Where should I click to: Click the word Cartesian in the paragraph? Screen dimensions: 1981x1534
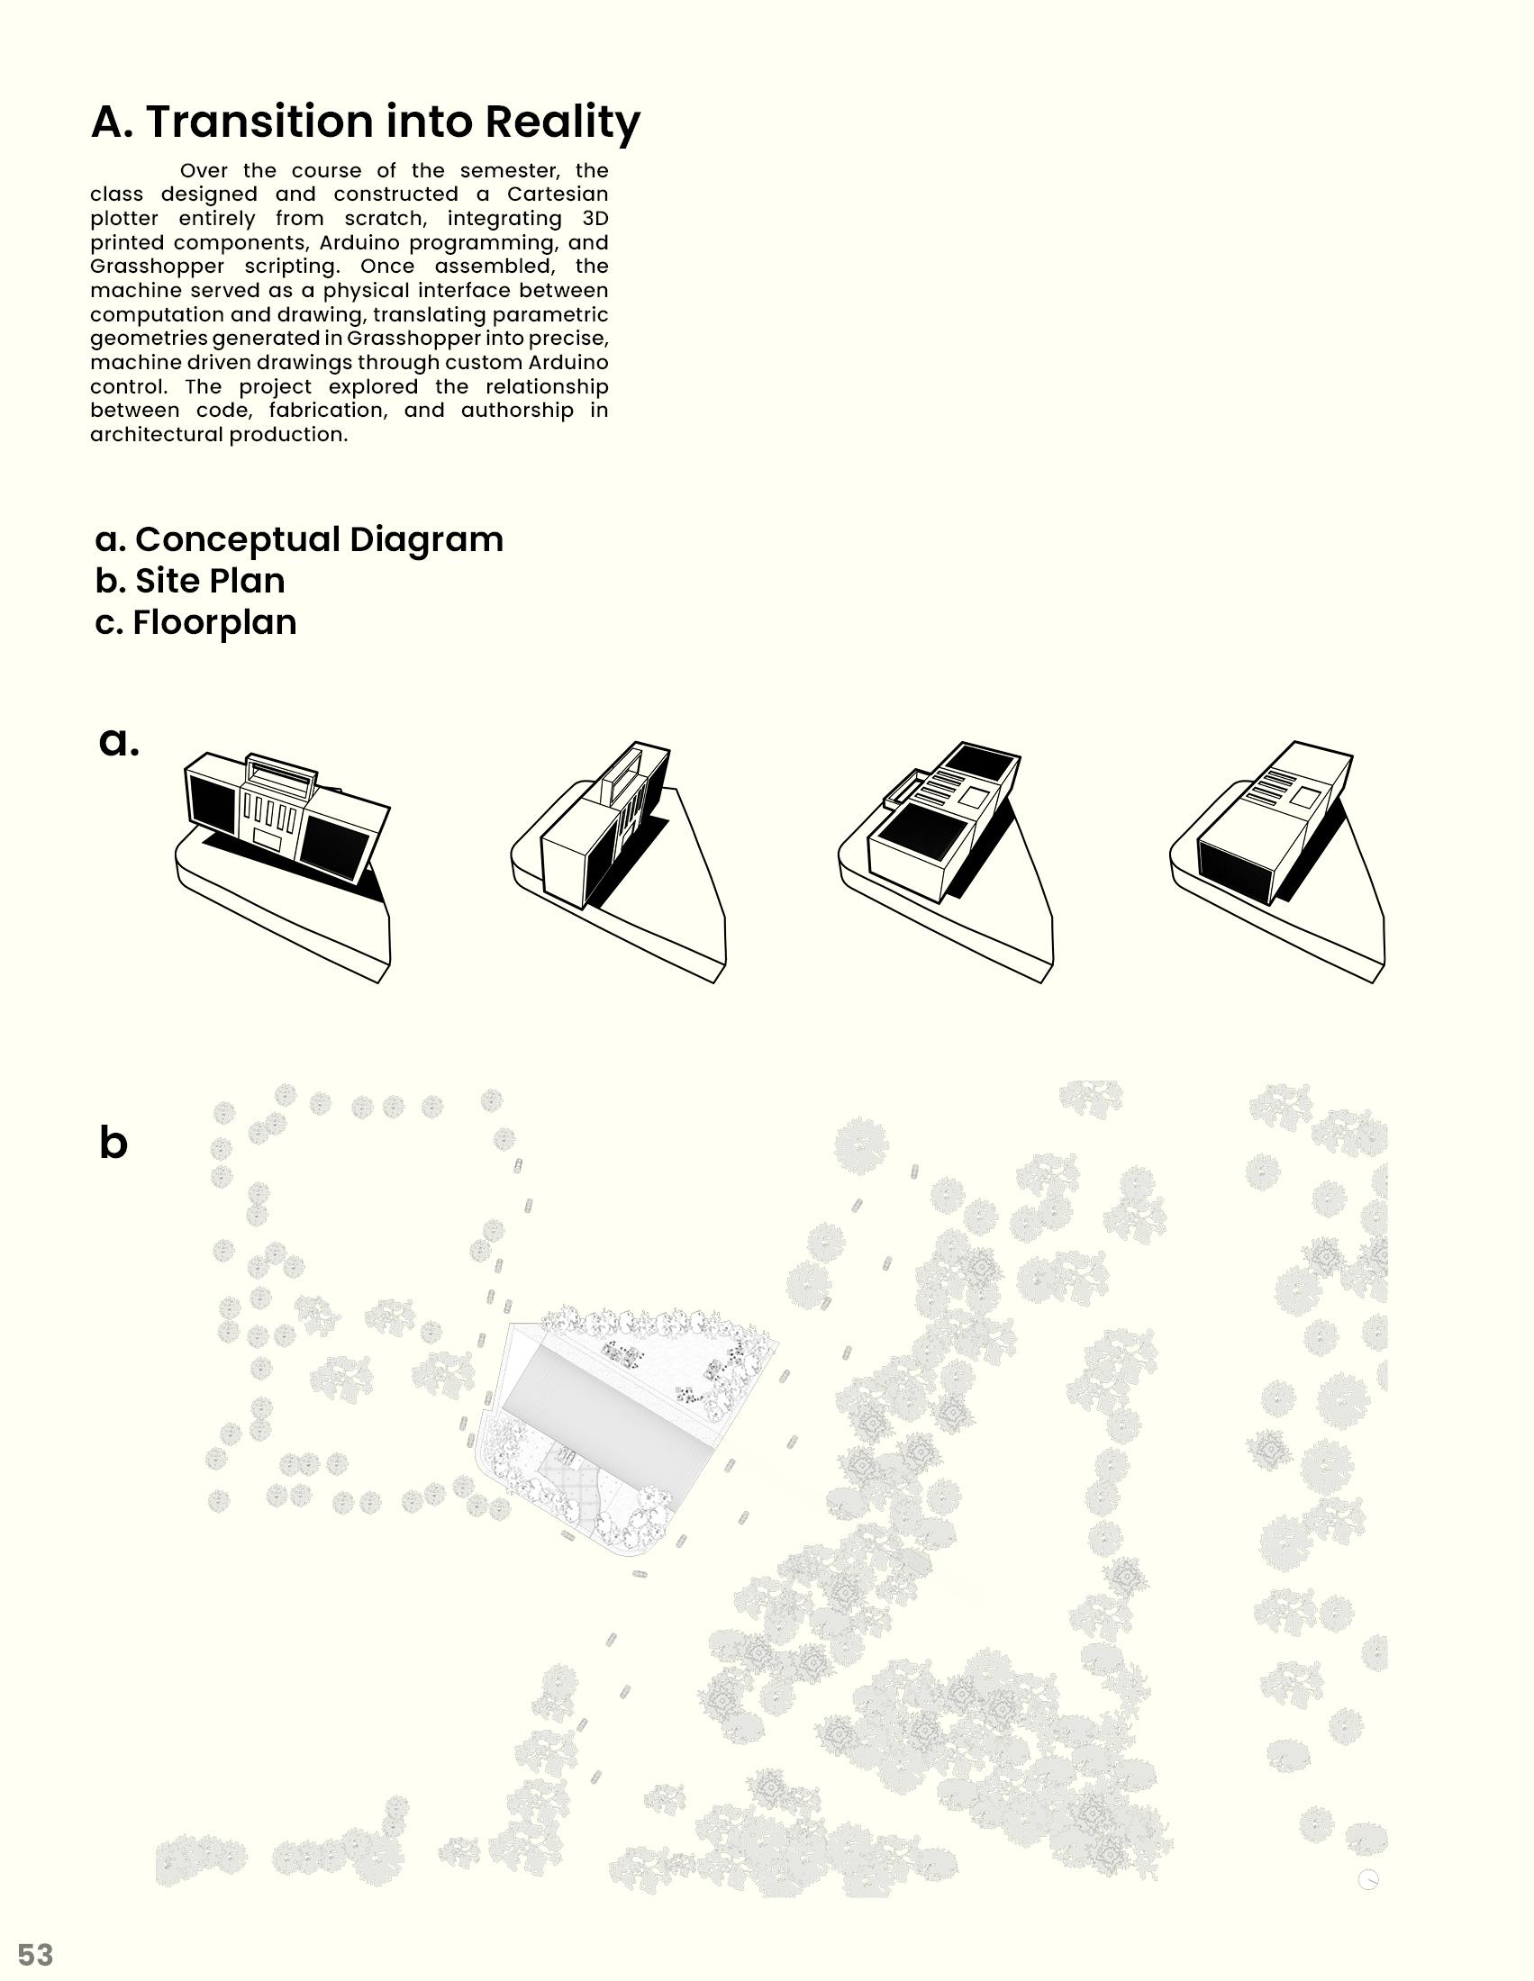tap(557, 194)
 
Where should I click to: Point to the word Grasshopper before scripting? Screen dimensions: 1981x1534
tap(157, 267)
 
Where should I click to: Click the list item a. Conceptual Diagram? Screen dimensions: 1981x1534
tap(299, 539)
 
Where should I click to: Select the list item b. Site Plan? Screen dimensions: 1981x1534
tap(190, 582)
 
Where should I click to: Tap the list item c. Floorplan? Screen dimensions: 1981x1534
tap(196, 623)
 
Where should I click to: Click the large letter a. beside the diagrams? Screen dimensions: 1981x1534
tap(118, 742)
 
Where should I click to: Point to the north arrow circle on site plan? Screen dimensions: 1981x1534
tap(1368, 1880)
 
